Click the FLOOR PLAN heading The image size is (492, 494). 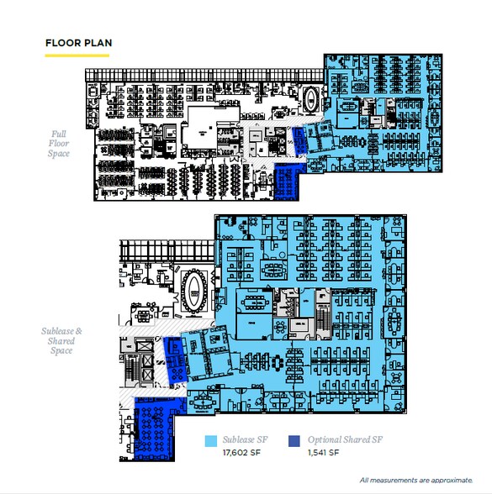click(78, 43)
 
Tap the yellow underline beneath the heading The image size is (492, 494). click(77, 55)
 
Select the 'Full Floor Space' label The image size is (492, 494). click(59, 144)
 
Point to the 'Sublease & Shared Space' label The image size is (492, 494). click(61, 340)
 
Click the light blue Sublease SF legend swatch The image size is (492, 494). click(210, 441)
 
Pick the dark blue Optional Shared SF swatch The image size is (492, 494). click(294, 441)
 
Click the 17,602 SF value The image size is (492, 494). click(241, 453)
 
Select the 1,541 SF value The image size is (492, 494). click(323, 453)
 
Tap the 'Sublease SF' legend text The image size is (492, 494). click(245, 439)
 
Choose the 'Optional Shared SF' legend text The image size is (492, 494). click(345, 439)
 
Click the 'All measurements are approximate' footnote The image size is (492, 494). click(416, 481)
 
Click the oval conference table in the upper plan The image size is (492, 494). click(310, 98)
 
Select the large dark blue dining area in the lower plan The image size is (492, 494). click(155, 428)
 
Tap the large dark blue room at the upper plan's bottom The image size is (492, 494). click(287, 181)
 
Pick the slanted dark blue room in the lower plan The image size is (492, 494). click(175, 360)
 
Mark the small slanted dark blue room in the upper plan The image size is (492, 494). click(299, 141)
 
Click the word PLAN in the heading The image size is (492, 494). click(98, 43)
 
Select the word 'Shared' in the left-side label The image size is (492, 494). click(61, 341)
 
